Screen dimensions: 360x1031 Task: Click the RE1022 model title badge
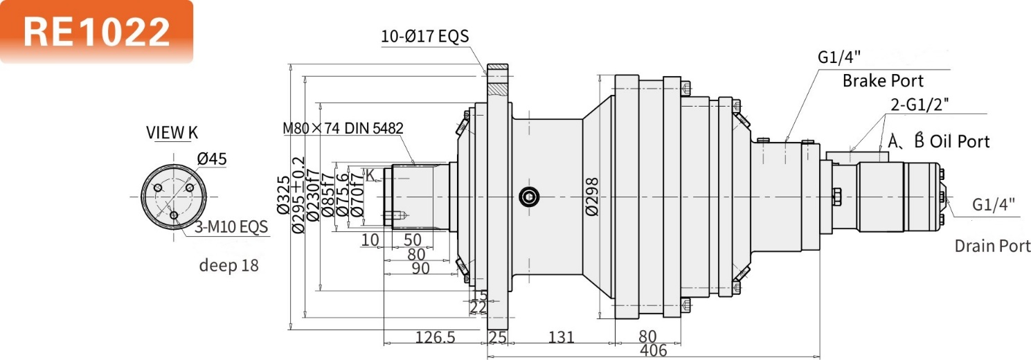tap(96, 31)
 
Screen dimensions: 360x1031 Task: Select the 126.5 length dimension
tap(435, 337)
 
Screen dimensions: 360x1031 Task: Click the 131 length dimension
tap(561, 337)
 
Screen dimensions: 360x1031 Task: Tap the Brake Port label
tap(883, 81)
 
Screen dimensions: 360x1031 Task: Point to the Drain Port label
tap(992, 246)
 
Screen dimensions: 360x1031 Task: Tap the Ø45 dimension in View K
tap(212, 159)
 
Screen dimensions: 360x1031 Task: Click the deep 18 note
tap(228, 264)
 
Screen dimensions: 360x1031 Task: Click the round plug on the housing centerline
tap(529, 197)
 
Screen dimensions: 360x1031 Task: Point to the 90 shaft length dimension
tap(420, 268)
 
